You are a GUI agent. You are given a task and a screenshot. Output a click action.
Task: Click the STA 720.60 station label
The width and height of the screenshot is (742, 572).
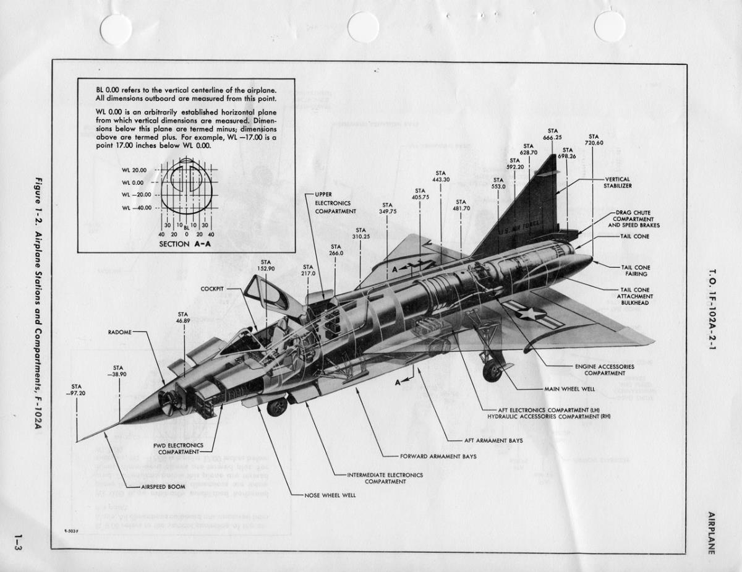[594, 140]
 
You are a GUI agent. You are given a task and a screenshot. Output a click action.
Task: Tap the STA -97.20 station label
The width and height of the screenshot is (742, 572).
[76, 390]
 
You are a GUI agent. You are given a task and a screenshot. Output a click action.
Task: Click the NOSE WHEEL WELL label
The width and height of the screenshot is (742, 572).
[330, 495]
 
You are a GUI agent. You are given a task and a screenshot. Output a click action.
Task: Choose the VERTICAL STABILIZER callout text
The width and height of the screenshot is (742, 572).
[618, 182]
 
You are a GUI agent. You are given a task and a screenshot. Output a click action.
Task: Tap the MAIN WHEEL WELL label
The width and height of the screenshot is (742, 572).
[569, 389]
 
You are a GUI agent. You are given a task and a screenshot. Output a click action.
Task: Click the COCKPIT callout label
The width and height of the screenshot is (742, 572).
[212, 289]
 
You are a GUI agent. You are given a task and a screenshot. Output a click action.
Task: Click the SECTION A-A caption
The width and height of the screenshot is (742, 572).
[183, 244]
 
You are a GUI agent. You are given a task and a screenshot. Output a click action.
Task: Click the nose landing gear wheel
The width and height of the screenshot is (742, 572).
[276, 406]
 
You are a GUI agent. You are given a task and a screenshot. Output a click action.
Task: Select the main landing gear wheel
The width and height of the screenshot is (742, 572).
[492, 371]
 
